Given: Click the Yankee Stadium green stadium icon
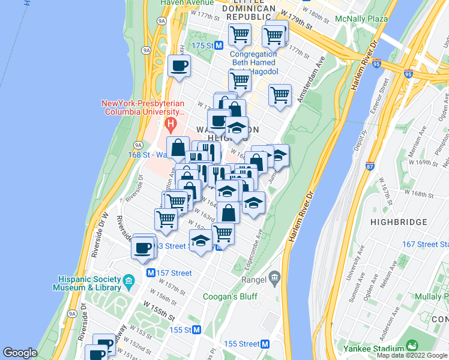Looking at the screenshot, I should coord(412,346).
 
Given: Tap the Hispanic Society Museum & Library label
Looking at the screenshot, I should coord(90,283).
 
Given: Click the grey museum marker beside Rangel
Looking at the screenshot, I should coord(275,278).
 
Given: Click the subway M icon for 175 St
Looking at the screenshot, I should coord(220,46).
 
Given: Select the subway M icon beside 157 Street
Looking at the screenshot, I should coord(152,273).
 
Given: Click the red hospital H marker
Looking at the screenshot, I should coord(171,125).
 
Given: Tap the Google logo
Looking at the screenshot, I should coord(20,353).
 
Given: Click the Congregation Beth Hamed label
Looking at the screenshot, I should coord(253,58).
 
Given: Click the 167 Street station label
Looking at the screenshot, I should coord(425,244).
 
